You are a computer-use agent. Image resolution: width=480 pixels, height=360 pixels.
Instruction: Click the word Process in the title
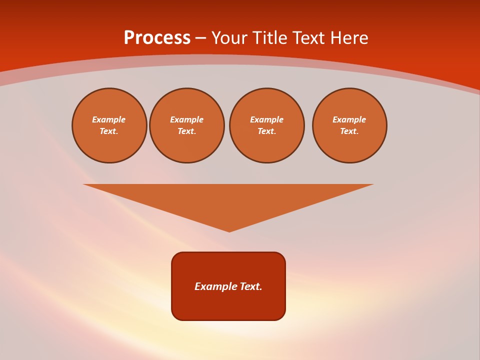tap(157, 38)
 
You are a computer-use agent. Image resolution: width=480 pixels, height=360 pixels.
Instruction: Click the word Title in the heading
tap(271, 38)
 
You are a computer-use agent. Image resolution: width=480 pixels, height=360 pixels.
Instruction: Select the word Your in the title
tap(230, 38)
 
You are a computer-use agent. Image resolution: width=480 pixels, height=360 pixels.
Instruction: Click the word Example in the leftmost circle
tap(109, 119)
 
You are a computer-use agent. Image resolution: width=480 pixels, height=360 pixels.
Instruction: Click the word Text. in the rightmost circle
tap(349, 131)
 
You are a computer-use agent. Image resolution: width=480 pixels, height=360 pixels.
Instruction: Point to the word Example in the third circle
tap(266, 119)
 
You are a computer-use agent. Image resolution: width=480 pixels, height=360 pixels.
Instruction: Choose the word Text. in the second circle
tap(186, 131)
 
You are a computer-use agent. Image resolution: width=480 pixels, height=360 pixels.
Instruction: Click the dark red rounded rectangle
tap(228, 305)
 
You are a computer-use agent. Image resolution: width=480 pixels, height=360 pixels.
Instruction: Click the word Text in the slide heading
tap(307, 38)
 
